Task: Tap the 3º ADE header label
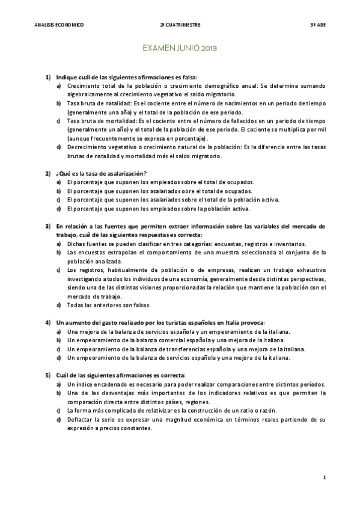(317, 25)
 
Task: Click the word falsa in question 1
(187, 78)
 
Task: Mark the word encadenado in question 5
(109, 384)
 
